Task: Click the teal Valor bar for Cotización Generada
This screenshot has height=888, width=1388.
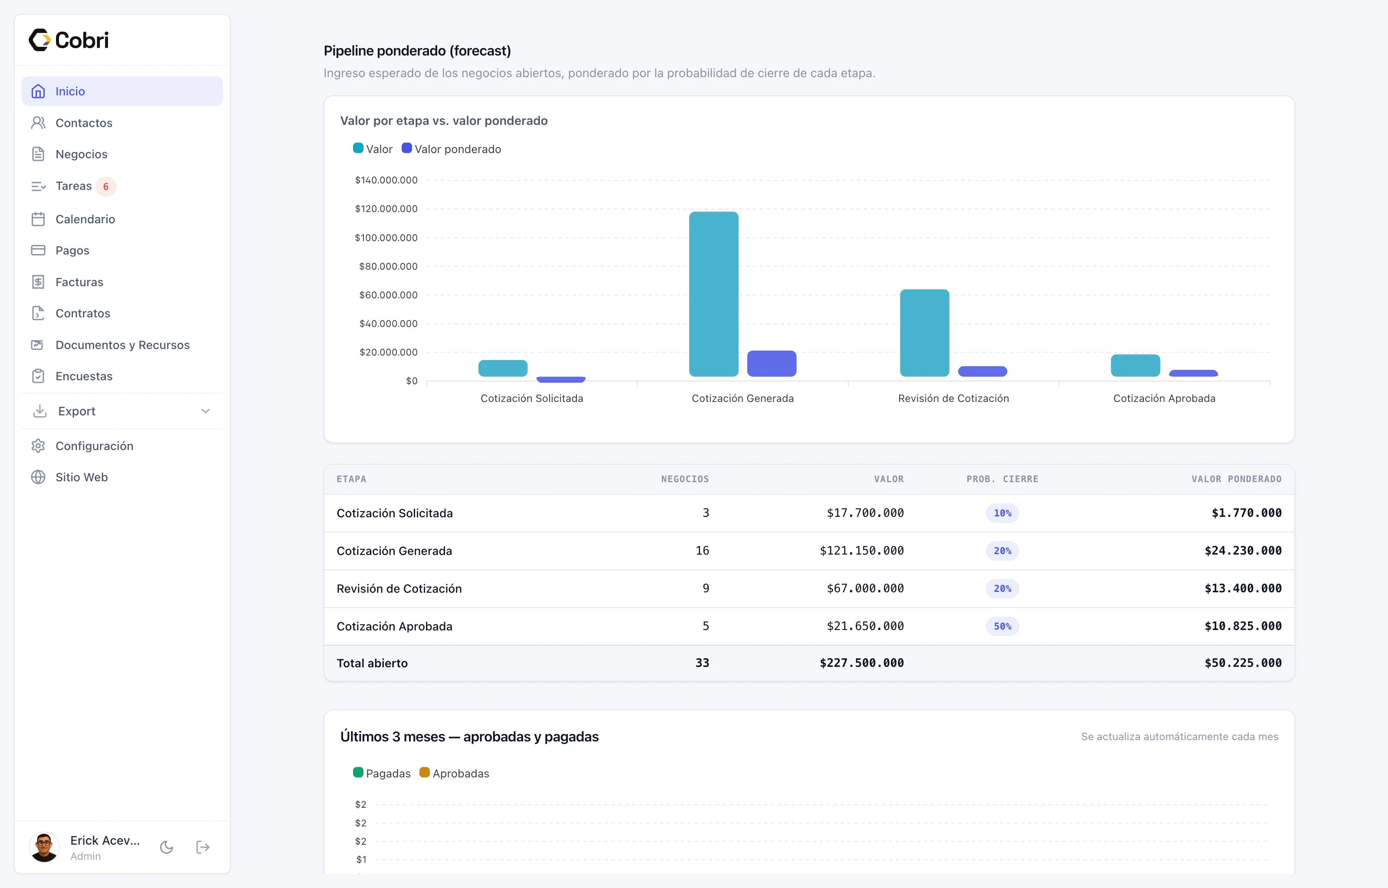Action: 714,294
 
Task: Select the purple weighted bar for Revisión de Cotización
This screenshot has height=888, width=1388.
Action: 982,371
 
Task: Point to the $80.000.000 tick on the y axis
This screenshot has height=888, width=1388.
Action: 388,266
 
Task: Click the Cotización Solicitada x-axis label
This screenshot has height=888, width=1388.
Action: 532,398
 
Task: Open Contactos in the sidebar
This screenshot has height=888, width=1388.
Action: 84,123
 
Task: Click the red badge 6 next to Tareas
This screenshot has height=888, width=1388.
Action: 105,186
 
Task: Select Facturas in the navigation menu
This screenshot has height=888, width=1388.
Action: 79,282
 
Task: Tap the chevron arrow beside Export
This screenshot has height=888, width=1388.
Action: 205,411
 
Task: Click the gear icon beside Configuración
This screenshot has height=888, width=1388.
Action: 38,446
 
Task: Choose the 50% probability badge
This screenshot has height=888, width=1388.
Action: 1002,626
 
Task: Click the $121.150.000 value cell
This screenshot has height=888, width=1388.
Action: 861,551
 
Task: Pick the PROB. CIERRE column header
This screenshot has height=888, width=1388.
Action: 1002,479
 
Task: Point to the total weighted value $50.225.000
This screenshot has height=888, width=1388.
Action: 1243,663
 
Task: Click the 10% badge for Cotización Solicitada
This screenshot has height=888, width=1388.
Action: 1002,513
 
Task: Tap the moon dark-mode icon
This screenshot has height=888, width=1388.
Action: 167,847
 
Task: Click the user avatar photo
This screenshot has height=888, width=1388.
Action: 44,847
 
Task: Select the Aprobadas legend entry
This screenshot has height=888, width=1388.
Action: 455,773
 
